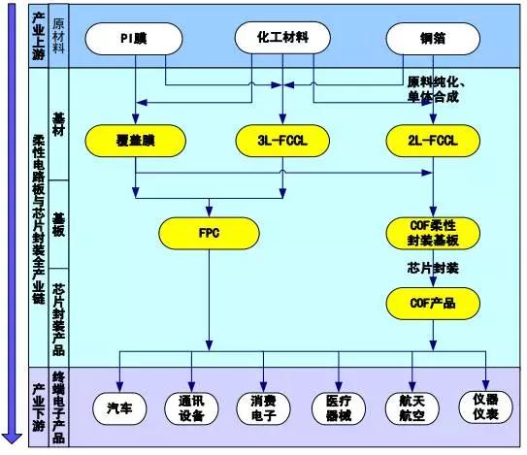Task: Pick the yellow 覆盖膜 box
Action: [134, 142]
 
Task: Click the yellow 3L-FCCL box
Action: [282, 142]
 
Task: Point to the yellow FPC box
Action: [208, 233]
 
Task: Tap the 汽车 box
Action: [120, 408]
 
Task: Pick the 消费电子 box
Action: [265, 408]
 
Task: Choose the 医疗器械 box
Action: [340, 408]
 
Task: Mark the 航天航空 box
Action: [412, 408]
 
